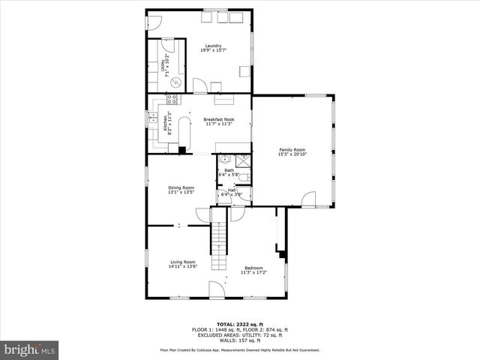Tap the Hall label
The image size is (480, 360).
click(232, 191)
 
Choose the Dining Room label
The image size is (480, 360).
click(181, 189)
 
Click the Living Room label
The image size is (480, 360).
click(182, 263)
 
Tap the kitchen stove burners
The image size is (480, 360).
click(172, 98)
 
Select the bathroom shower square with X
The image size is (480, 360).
click(243, 159)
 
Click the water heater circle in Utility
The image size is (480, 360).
click(175, 82)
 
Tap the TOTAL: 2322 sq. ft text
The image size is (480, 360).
click(239, 324)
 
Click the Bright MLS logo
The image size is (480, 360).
click(30, 349)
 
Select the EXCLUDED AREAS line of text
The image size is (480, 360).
click(239, 334)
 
